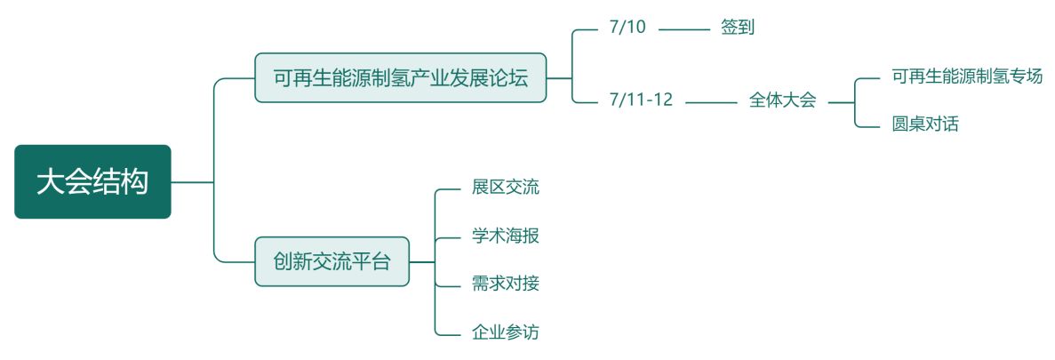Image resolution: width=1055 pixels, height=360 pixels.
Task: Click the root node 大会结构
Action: (x=92, y=182)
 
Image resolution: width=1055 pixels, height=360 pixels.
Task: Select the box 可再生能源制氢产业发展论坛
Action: (x=400, y=78)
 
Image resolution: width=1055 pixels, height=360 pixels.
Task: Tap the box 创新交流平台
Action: (x=332, y=262)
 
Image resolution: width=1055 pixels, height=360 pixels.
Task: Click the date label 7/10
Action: (x=627, y=28)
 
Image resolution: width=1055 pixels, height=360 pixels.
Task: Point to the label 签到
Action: (x=738, y=28)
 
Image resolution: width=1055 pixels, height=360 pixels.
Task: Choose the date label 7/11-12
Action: (x=641, y=100)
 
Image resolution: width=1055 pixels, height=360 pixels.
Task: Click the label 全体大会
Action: (x=782, y=100)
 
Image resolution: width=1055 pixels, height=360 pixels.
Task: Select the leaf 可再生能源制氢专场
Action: (x=966, y=76)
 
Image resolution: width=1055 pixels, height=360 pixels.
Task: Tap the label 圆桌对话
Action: (x=925, y=124)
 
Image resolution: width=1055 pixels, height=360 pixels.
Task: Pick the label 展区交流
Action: (x=505, y=188)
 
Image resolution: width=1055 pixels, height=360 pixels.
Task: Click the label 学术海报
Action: (x=505, y=236)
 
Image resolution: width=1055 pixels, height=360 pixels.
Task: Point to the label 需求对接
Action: (x=505, y=284)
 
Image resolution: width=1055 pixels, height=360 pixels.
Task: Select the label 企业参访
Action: (x=505, y=333)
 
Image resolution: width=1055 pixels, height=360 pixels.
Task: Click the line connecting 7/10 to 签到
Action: (x=684, y=29)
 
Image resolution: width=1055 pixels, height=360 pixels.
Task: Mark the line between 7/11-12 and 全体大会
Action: (x=711, y=102)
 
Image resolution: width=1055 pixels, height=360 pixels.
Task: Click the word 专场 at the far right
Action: (x=1026, y=76)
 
